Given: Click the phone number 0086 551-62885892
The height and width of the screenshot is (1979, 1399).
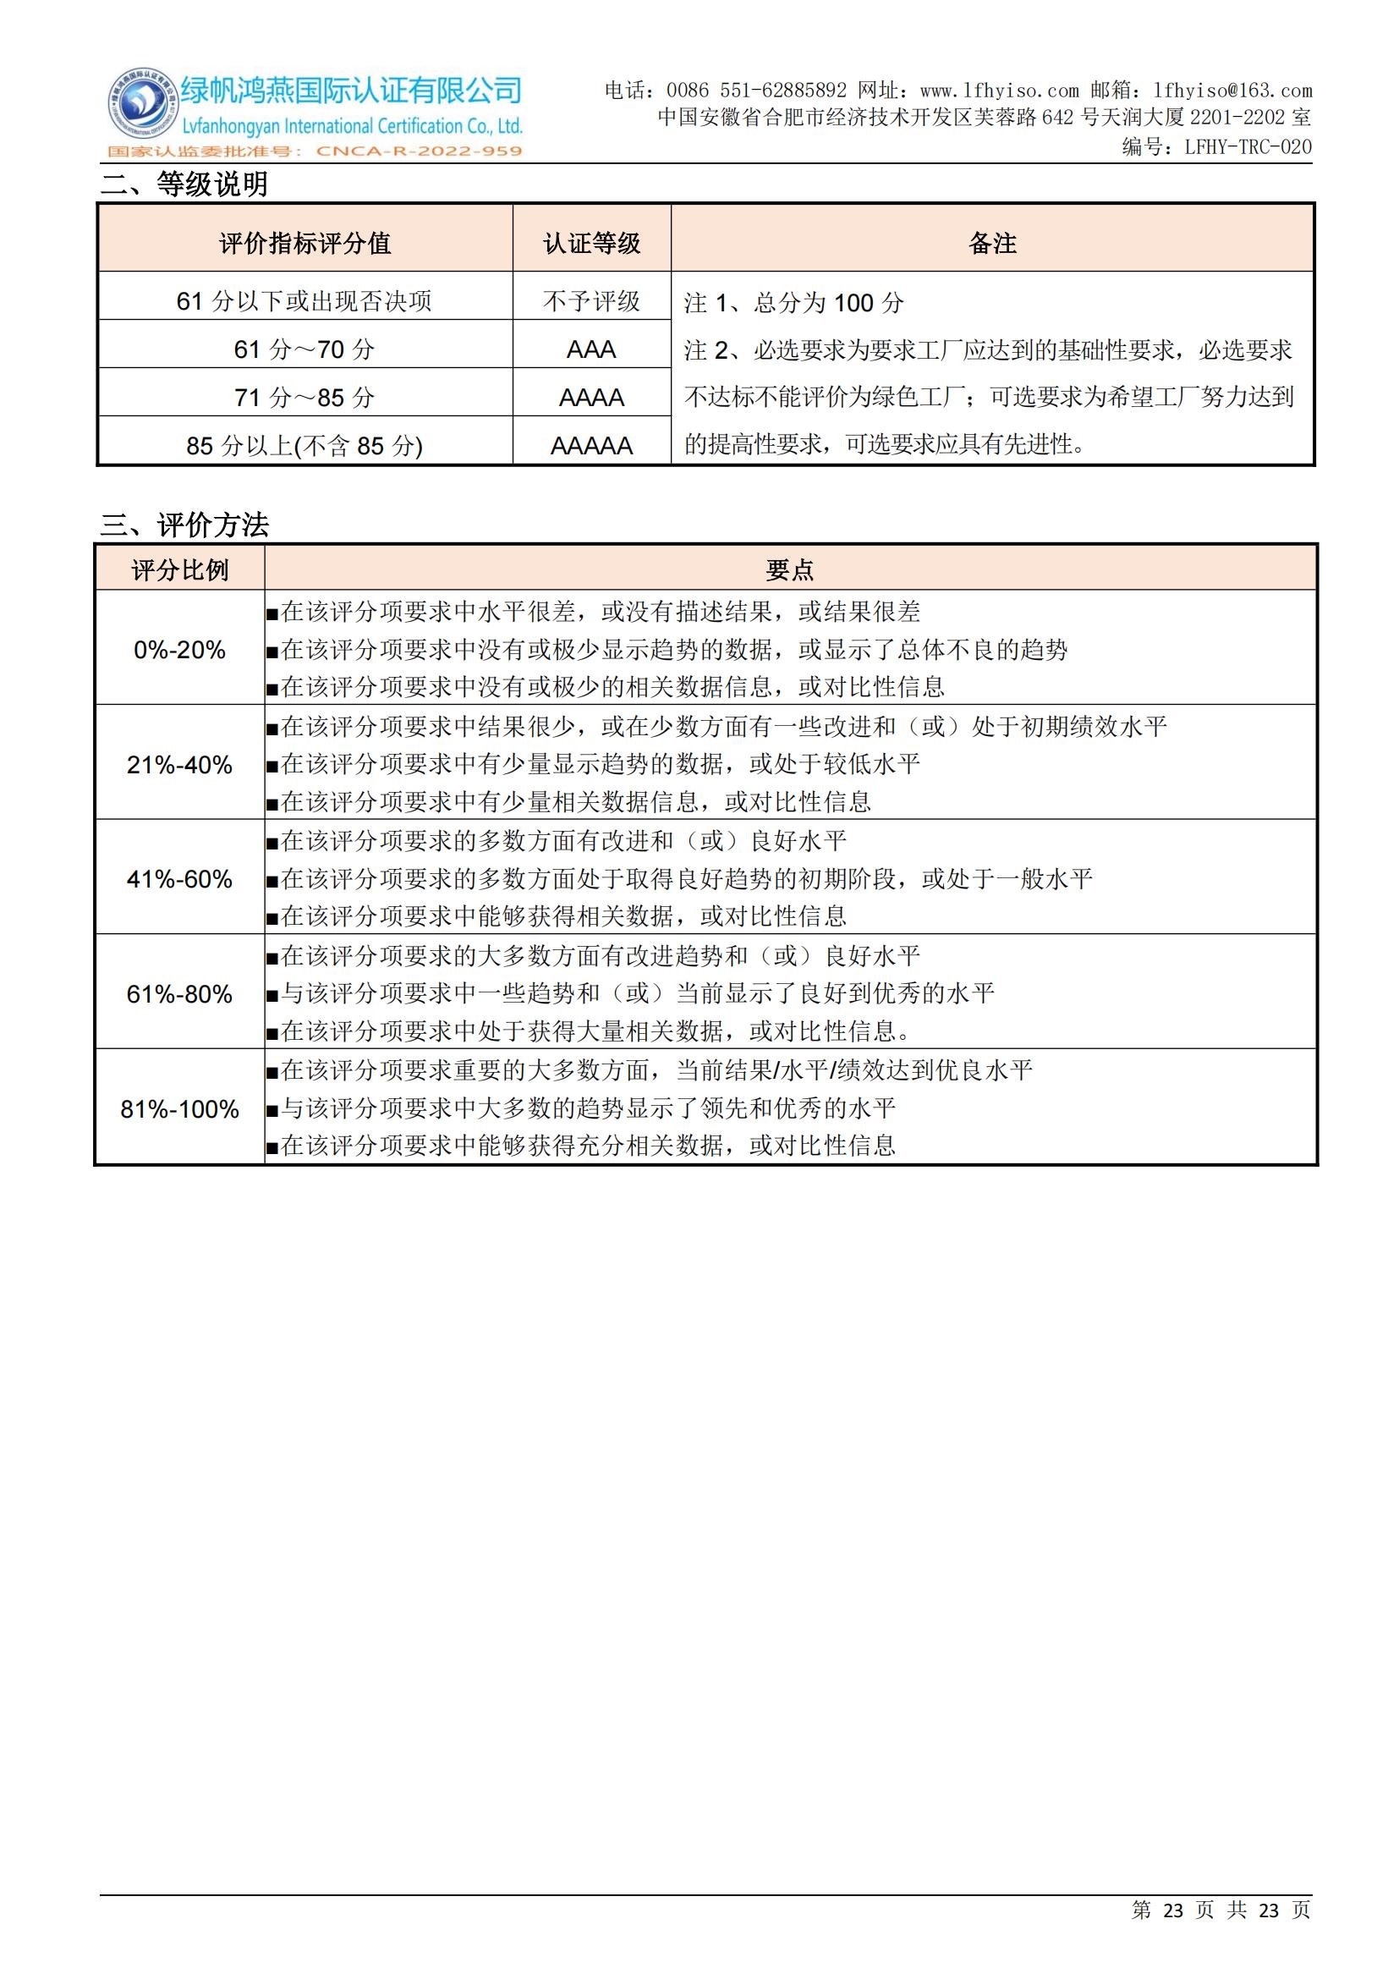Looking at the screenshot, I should point(755,91).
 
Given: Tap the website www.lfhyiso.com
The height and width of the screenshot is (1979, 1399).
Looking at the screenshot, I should point(998,91).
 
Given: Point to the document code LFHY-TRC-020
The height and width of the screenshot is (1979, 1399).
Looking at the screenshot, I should point(1248,146).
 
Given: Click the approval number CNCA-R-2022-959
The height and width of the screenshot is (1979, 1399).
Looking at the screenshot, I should point(419,151).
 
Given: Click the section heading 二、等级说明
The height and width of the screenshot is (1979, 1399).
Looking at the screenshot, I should point(184,184).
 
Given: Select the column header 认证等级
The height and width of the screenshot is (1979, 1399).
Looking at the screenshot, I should point(592,243).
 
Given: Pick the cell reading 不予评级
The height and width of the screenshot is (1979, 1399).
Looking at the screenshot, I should point(592,301).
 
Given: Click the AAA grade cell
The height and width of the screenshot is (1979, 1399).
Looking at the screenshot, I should point(592,349).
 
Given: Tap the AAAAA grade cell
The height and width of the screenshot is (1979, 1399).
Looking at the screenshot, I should point(592,446).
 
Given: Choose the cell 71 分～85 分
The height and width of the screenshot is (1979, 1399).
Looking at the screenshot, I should point(305,398).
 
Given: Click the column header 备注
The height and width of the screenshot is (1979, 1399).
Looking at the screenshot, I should point(992,243).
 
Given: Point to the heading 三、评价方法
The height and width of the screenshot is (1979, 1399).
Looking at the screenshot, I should point(184,525).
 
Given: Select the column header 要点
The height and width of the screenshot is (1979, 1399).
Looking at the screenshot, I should point(790,569).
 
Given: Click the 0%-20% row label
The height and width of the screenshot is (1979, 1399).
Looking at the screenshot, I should point(179,650).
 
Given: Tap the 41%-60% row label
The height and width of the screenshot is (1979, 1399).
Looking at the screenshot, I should point(179,879).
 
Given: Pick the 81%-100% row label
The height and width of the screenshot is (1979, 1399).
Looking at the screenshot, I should point(179,1109).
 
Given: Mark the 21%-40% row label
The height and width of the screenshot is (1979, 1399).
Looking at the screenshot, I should point(179,765).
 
